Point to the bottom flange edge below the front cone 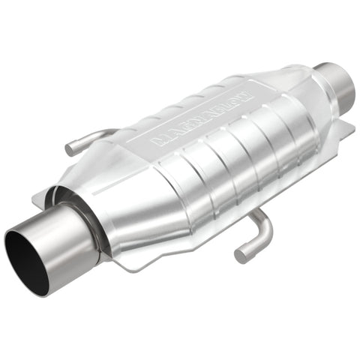click(x=150, y=262)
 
